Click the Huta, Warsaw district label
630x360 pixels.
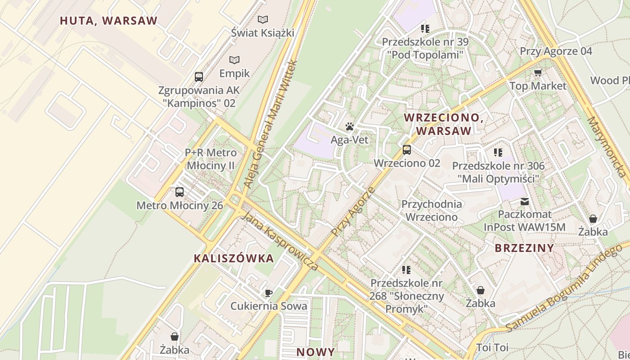pyautogui.click(x=108, y=21)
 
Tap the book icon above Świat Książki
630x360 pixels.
pyautogui.click(x=263, y=19)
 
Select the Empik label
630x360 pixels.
pyautogui.click(x=234, y=73)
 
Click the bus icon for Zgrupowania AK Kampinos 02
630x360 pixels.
pyautogui.click(x=199, y=76)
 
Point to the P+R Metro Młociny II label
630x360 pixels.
pyautogui.click(x=211, y=159)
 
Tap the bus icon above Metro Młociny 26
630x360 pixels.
pyautogui.click(x=180, y=192)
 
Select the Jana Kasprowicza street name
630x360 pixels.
pyautogui.click(x=280, y=242)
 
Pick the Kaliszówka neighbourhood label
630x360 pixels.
pyautogui.click(x=234, y=258)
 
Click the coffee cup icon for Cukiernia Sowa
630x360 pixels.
pyautogui.click(x=269, y=293)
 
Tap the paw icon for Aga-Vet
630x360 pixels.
pyautogui.click(x=350, y=127)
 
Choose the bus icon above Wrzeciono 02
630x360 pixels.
pyautogui.click(x=407, y=150)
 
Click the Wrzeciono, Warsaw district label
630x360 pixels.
pyautogui.click(x=444, y=124)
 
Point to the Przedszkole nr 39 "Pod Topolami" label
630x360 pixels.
pyautogui.click(x=425, y=49)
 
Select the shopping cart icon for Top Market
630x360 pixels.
pyautogui.click(x=538, y=72)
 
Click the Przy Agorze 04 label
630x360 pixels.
pyautogui.click(x=556, y=51)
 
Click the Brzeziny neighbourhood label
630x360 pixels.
pyautogui.click(x=524, y=248)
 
